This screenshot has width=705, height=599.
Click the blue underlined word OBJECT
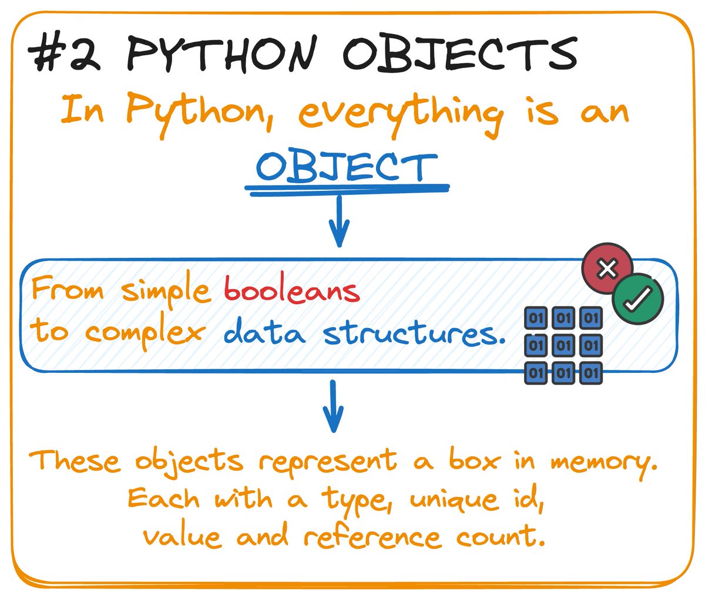coord(347,167)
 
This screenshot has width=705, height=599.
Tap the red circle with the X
coord(607,269)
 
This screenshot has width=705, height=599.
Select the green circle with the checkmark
coord(637,299)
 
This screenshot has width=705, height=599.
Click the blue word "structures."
coord(414,333)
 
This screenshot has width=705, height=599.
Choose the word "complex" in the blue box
coord(145,334)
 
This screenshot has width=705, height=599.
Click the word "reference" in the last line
coord(372,537)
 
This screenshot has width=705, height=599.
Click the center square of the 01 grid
coord(563,345)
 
